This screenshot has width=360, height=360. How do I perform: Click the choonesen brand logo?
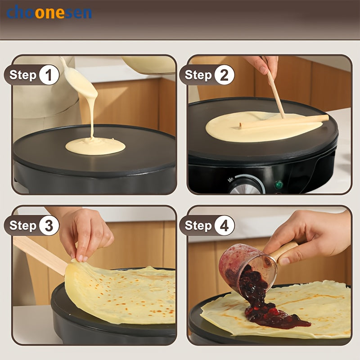49,12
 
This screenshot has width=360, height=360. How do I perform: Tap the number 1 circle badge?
49,75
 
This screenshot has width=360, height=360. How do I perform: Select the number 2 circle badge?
224,75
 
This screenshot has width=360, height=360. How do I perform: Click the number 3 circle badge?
49,225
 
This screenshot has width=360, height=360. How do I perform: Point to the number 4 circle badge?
224,225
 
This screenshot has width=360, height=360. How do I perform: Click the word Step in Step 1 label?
22,75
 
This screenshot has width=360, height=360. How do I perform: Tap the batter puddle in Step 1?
95,146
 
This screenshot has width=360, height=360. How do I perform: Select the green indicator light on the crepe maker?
279,184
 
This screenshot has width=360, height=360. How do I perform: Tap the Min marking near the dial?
231,179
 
